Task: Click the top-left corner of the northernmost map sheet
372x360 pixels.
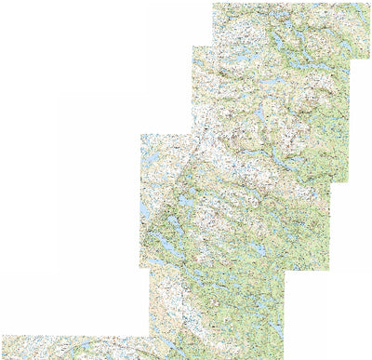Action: tap(213, 3)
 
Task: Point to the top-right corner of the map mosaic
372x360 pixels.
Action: tap(370, 3)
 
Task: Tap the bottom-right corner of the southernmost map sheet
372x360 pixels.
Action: tap(285, 358)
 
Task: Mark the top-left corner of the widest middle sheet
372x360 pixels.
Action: tap(140, 135)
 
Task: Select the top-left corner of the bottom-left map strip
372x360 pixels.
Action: tap(2, 336)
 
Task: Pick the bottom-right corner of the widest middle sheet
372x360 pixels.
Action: tap(331, 269)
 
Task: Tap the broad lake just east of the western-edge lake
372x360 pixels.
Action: tap(187, 199)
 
